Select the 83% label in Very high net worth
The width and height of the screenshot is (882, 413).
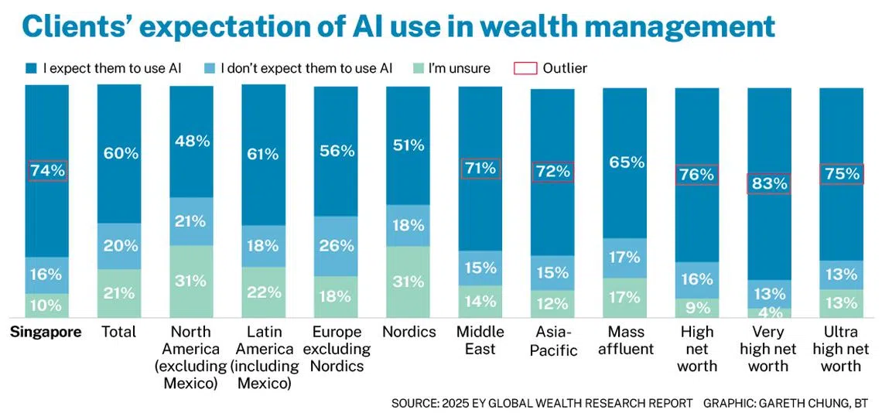click(x=769, y=184)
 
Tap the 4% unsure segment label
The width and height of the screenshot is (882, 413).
click(x=769, y=313)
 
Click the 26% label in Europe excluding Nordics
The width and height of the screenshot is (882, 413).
click(x=336, y=246)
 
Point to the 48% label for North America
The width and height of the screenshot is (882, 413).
click(x=191, y=141)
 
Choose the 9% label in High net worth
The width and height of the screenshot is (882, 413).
click(x=697, y=309)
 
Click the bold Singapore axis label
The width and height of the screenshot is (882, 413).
click(x=46, y=333)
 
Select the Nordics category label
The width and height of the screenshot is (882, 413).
click(x=409, y=333)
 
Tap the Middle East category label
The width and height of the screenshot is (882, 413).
click(x=480, y=341)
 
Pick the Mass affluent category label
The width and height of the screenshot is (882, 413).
click(x=625, y=341)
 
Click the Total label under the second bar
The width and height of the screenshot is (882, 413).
click(x=119, y=333)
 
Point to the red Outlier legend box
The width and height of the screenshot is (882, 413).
click(x=525, y=68)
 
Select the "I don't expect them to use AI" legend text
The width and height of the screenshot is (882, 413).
click(x=306, y=68)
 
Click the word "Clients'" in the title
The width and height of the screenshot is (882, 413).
click(x=76, y=26)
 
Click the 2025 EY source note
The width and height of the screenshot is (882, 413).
click(x=542, y=403)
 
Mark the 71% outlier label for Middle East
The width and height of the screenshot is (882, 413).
click(x=480, y=169)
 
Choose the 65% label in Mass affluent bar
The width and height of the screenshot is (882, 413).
click(x=625, y=162)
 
